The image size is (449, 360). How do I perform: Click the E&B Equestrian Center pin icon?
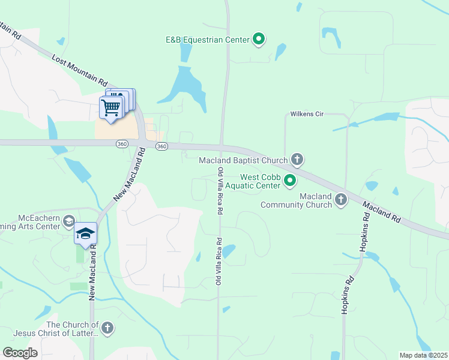(259, 40)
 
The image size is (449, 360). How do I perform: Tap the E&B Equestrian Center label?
(207, 40)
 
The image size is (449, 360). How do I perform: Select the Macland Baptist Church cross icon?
(297, 160)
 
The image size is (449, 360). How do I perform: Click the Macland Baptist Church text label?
(243, 160)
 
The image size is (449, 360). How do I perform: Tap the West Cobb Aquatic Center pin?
(290, 180)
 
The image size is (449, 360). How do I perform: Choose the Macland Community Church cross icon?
(341, 199)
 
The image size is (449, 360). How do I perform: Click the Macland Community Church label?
(296, 200)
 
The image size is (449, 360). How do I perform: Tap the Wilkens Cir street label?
(307, 113)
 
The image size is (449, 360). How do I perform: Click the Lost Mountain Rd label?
(79, 70)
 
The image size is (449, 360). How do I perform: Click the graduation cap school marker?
(85, 233)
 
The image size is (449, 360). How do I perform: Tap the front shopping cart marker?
(111, 108)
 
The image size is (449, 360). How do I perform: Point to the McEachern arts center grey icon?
(68, 221)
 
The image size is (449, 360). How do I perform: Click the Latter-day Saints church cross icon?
(107, 328)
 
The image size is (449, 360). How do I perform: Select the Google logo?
(20, 353)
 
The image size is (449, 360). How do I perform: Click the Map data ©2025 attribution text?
(423, 355)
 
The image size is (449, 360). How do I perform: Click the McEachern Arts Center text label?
(30, 222)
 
